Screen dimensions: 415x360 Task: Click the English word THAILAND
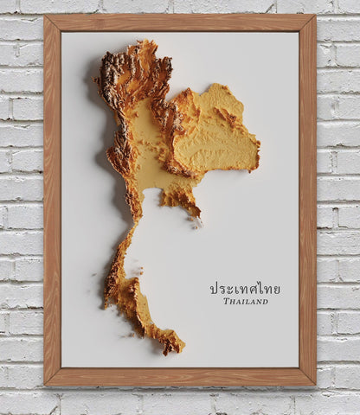246,301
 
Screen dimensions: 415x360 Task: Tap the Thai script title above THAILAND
245,288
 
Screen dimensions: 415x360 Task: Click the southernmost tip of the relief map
181,351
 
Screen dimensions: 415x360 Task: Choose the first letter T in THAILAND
226,301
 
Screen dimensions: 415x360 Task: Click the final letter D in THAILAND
265,301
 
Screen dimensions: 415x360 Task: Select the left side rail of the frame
53,199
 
